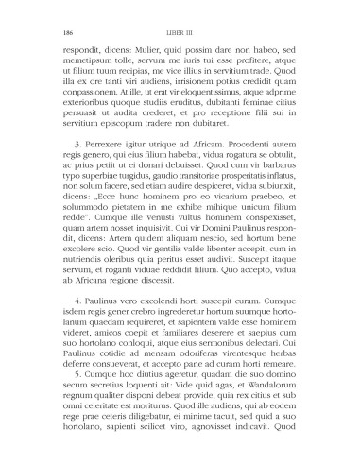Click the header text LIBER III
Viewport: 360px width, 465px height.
pos(180,29)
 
